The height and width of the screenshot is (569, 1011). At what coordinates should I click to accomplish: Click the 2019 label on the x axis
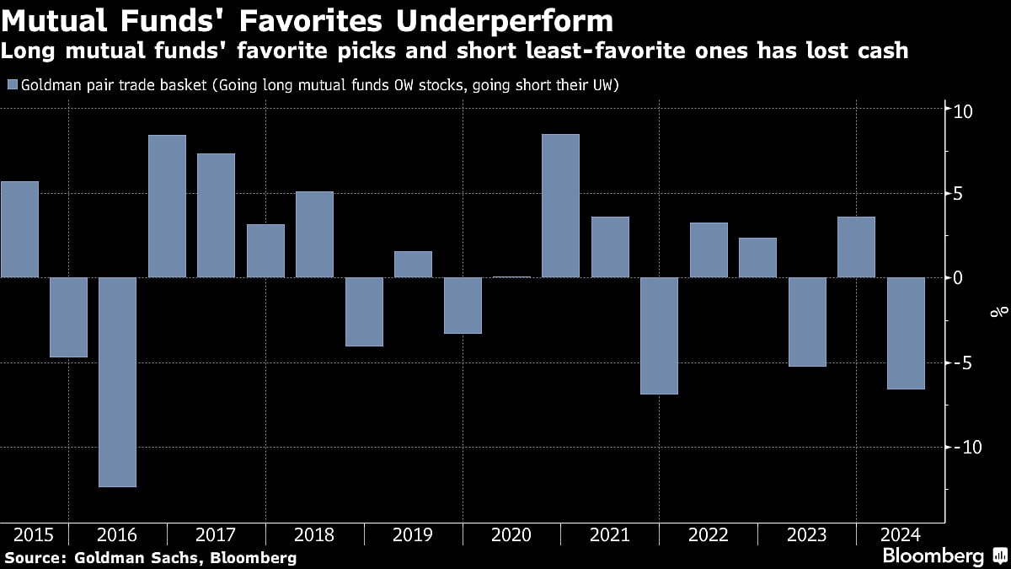tap(413, 535)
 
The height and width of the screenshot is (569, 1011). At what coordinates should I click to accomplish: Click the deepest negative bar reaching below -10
tap(117, 381)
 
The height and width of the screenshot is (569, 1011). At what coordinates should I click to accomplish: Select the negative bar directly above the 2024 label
tap(906, 333)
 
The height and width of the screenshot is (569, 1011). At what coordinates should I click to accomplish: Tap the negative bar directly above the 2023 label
tap(807, 322)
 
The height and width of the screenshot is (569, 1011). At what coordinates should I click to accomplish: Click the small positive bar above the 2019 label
tap(413, 265)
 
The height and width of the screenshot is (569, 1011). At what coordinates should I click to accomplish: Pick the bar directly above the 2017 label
tap(216, 215)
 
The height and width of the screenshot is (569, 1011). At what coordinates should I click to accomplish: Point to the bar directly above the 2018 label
tap(314, 234)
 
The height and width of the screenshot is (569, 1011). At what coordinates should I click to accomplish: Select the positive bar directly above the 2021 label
tap(610, 247)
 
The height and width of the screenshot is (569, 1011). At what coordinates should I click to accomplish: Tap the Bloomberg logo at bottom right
tap(933, 556)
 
